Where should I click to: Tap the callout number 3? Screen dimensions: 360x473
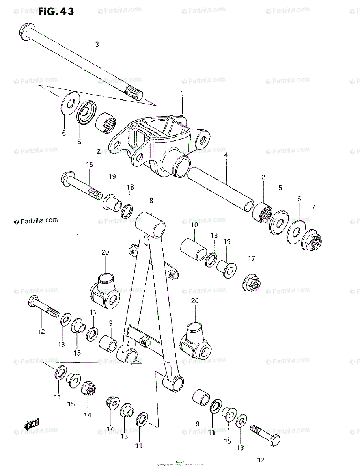point(97,44)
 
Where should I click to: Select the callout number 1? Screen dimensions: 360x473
point(183,93)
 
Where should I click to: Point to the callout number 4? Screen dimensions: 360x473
point(226,155)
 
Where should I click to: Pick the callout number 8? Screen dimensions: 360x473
point(151,200)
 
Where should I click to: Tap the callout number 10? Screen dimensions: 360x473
point(194,225)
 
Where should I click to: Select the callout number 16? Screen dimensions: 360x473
point(90,164)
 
